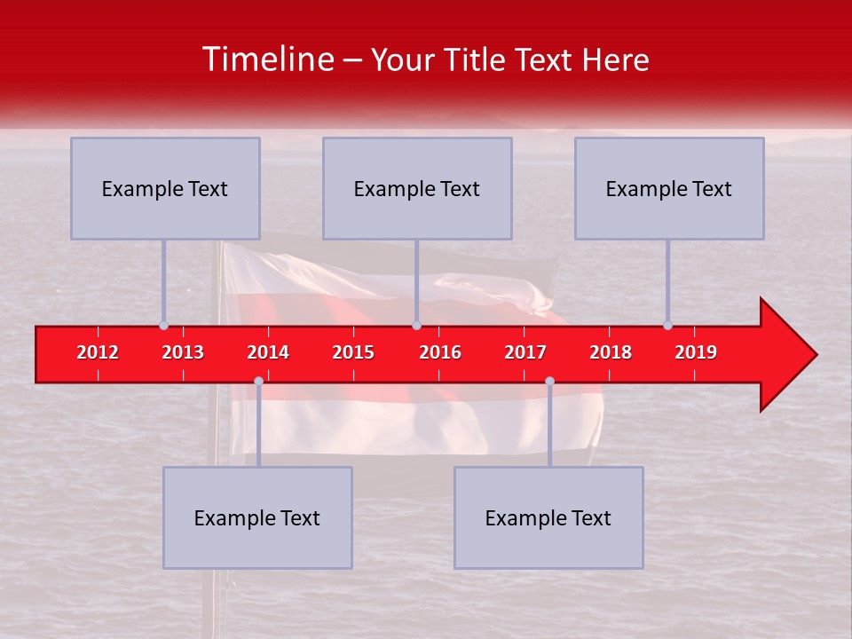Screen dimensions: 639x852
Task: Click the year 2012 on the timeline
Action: pyautogui.click(x=98, y=352)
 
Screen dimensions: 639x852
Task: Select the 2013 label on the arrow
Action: pyautogui.click(x=183, y=352)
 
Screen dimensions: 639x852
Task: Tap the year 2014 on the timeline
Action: pyautogui.click(x=268, y=352)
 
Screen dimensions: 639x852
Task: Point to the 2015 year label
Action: pyautogui.click(x=353, y=352)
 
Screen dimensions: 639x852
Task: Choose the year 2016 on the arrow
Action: pyautogui.click(x=440, y=352)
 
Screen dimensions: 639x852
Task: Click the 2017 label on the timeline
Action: pyautogui.click(x=525, y=352)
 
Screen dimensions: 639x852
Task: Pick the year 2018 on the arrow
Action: pyautogui.click(x=611, y=352)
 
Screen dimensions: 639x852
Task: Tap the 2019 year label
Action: pyautogui.click(x=696, y=352)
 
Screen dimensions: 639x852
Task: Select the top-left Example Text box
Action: pyautogui.click(x=165, y=188)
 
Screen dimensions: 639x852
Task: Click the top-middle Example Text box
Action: pyautogui.click(x=417, y=188)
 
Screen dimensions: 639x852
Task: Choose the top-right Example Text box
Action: pyautogui.click(x=669, y=188)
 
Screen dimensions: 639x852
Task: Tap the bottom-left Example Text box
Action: pyautogui.click(x=257, y=517)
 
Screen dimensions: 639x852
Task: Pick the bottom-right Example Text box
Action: pyautogui.click(x=548, y=517)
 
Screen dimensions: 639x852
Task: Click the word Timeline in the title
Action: pyautogui.click(x=266, y=59)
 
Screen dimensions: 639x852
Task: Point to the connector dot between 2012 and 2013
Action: pyautogui.click(x=164, y=326)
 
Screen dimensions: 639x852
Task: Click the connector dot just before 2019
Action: pyautogui.click(x=668, y=326)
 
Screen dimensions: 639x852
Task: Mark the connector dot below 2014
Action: pyautogui.click(x=258, y=382)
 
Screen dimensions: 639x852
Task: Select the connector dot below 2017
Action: pyautogui.click(x=549, y=382)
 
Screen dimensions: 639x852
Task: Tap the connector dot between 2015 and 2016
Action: pyautogui.click(x=416, y=326)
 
